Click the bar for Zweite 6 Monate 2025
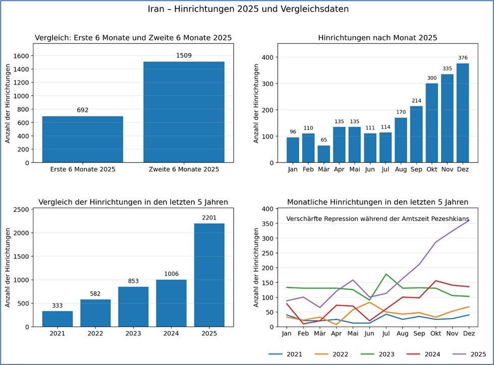pyautogui.click(x=184, y=112)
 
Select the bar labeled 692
pyautogui.click(x=83, y=139)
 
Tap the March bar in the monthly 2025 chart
pyautogui.click(x=323, y=154)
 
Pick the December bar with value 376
pyautogui.click(x=463, y=113)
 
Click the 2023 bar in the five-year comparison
pyautogui.click(x=133, y=307)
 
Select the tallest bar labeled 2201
pyautogui.click(x=209, y=275)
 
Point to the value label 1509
pyautogui.click(x=184, y=56)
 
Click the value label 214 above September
pyautogui.click(x=416, y=101)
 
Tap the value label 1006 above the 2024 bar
pyautogui.click(x=172, y=274)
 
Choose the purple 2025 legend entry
pyautogui.click(x=469, y=354)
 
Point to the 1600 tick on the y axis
pyautogui.click(x=21, y=56)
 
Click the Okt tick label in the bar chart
pyautogui.click(x=431, y=170)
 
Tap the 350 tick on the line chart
pyautogui.click(x=268, y=224)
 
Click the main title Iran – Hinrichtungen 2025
pyautogui.click(x=248, y=9)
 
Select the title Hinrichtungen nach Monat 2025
pyautogui.click(x=377, y=38)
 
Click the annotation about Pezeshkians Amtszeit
pyautogui.click(x=377, y=219)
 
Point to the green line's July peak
pyautogui.click(x=386, y=274)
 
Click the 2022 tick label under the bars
pyautogui.click(x=95, y=334)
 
